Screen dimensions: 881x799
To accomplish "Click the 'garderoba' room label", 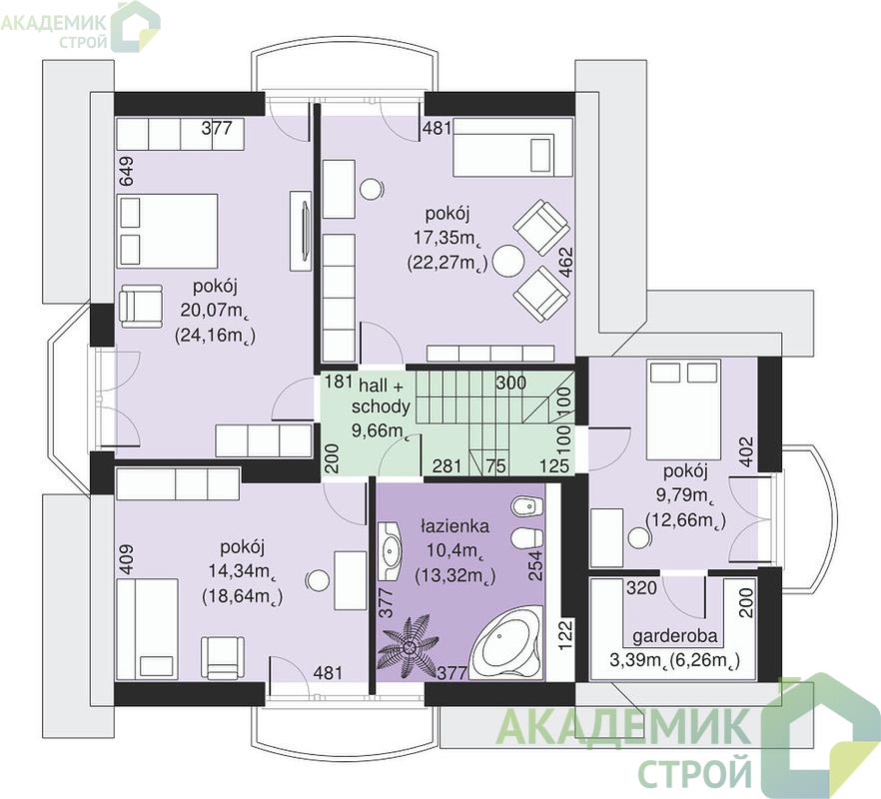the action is click(x=675, y=635).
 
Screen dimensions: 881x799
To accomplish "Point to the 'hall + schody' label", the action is click(x=381, y=396).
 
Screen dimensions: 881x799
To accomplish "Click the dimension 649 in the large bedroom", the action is click(x=126, y=171).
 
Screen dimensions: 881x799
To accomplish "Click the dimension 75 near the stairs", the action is click(x=496, y=465).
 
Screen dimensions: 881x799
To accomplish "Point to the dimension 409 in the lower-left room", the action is click(x=126, y=559).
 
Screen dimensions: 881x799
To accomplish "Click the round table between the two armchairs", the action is click(x=508, y=261).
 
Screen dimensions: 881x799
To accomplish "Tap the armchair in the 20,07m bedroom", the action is click(x=142, y=306).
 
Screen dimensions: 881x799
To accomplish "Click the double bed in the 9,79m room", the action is click(x=683, y=409).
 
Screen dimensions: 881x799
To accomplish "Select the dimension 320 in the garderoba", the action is click(x=641, y=587).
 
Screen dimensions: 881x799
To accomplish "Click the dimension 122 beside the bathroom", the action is click(x=565, y=635).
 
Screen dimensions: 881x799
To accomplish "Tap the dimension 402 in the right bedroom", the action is click(x=746, y=451).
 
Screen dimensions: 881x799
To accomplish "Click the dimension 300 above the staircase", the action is click(x=511, y=383).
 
